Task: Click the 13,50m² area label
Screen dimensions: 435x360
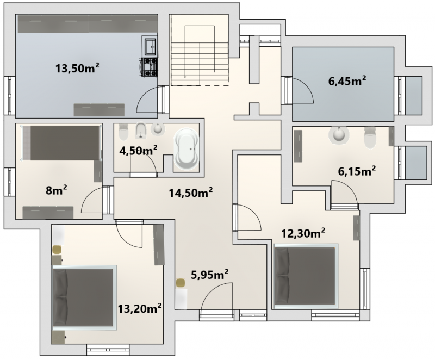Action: pyautogui.click(x=77, y=68)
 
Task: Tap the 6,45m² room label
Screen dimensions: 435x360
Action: pyautogui.click(x=347, y=81)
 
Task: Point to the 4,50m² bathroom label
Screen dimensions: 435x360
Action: pyautogui.click(x=139, y=151)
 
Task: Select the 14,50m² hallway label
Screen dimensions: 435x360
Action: pyautogui.click(x=191, y=193)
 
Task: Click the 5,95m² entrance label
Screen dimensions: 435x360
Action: pyautogui.click(x=210, y=275)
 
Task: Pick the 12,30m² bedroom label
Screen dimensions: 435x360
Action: pyautogui.click(x=303, y=233)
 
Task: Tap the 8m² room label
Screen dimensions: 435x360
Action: pyautogui.click(x=57, y=190)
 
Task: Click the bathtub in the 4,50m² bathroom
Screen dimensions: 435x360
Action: pyautogui.click(x=186, y=149)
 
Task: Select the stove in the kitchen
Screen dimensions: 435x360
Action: pyautogui.click(x=150, y=67)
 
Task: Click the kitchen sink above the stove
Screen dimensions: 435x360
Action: pyautogui.click(x=151, y=47)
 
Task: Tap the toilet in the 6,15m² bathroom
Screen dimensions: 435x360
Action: pyautogui.click(x=370, y=137)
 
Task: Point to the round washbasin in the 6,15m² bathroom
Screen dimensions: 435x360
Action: pyautogui.click(x=338, y=135)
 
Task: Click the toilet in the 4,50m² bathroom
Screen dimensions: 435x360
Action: pyautogui.click(x=123, y=132)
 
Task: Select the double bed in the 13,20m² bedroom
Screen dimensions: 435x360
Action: pyautogui.click(x=84, y=297)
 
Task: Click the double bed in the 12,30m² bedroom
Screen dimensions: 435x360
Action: pyautogui.click(x=306, y=276)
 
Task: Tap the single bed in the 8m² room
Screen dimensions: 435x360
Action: pyautogui.click(x=61, y=142)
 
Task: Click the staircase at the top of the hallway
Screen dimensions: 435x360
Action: pyautogui.click(x=200, y=50)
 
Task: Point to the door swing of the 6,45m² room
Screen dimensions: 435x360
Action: pyautogui.click(x=302, y=90)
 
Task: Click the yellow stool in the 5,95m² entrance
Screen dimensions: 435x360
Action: pyautogui.click(x=181, y=283)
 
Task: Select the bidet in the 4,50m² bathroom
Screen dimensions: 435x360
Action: pyautogui.click(x=141, y=131)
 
